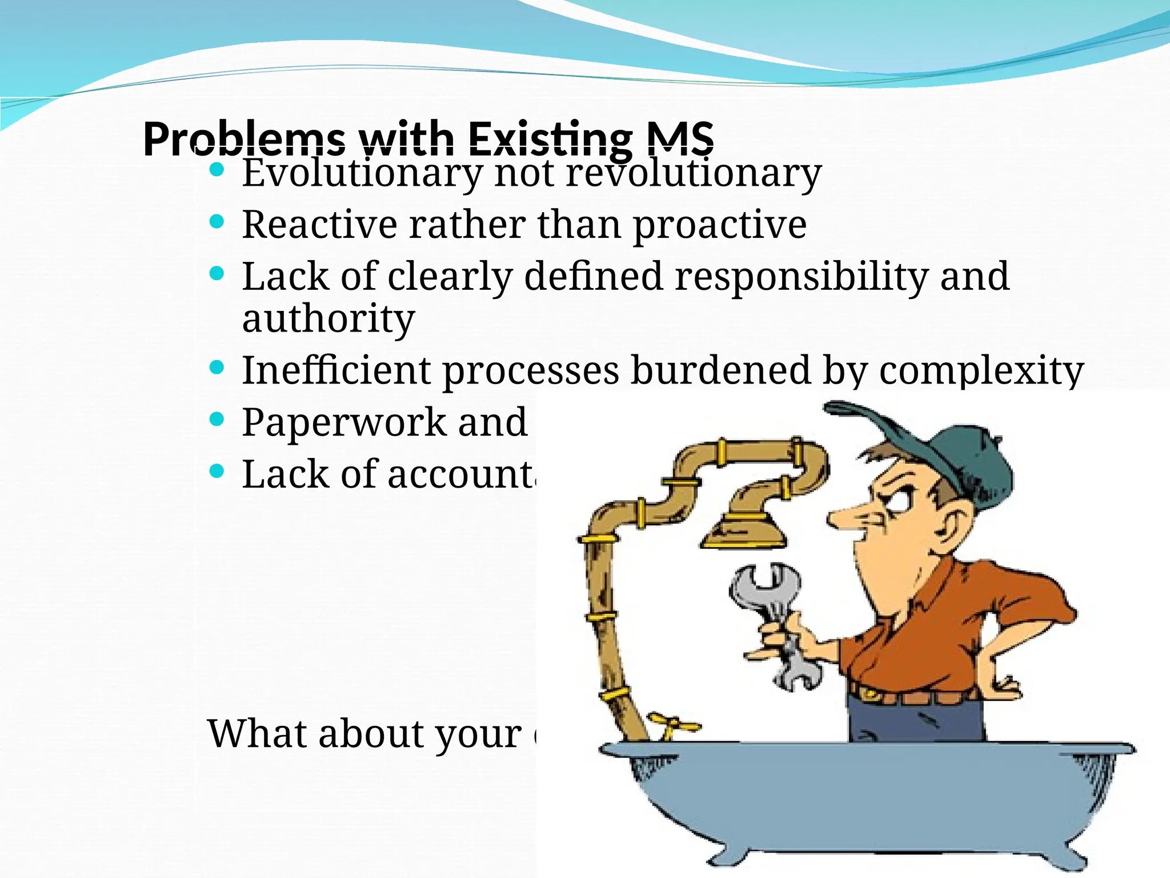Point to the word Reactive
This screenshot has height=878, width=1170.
coord(319,224)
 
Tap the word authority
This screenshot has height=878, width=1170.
coord(328,319)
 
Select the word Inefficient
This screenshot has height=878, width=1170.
coord(336,370)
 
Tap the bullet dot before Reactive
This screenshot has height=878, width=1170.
coord(217,222)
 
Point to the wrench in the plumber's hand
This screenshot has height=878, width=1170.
coord(771,606)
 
